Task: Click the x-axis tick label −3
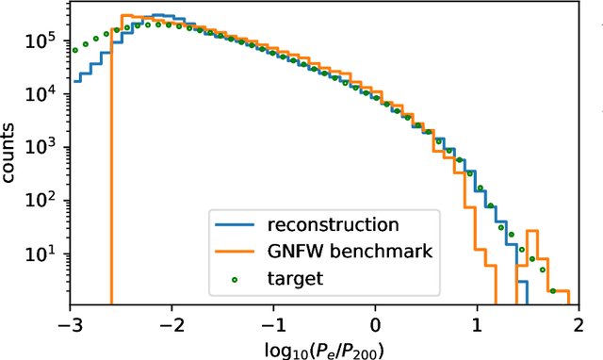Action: pos(68,322)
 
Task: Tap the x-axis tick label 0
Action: pos(376,322)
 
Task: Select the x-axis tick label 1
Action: pos(478,322)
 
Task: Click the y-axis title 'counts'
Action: pos(12,156)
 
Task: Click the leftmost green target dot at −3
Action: pos(75,50)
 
